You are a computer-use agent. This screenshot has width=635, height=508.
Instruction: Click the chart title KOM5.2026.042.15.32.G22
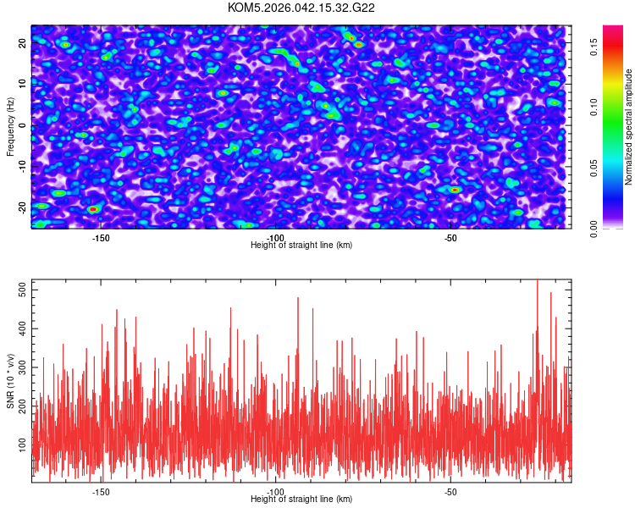tap(301, 8)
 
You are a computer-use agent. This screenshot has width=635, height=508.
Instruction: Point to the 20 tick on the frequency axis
tap(22, 42)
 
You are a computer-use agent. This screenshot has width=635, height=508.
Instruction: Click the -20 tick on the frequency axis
tap(22, 207)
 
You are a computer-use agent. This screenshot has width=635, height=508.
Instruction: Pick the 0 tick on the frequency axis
tap(22, 125)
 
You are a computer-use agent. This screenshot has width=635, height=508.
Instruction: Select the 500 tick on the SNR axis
tap(22, 290)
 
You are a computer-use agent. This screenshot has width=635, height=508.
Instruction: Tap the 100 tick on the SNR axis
tap(22, 443)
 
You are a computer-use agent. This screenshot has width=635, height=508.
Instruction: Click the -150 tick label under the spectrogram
tap(101, 238)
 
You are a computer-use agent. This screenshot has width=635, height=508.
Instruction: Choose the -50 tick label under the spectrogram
tap(450, 238)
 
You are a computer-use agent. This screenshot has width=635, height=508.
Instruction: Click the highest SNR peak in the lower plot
tap(537, 281)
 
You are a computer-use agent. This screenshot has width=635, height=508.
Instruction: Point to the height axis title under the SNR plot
tap(301, 500)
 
